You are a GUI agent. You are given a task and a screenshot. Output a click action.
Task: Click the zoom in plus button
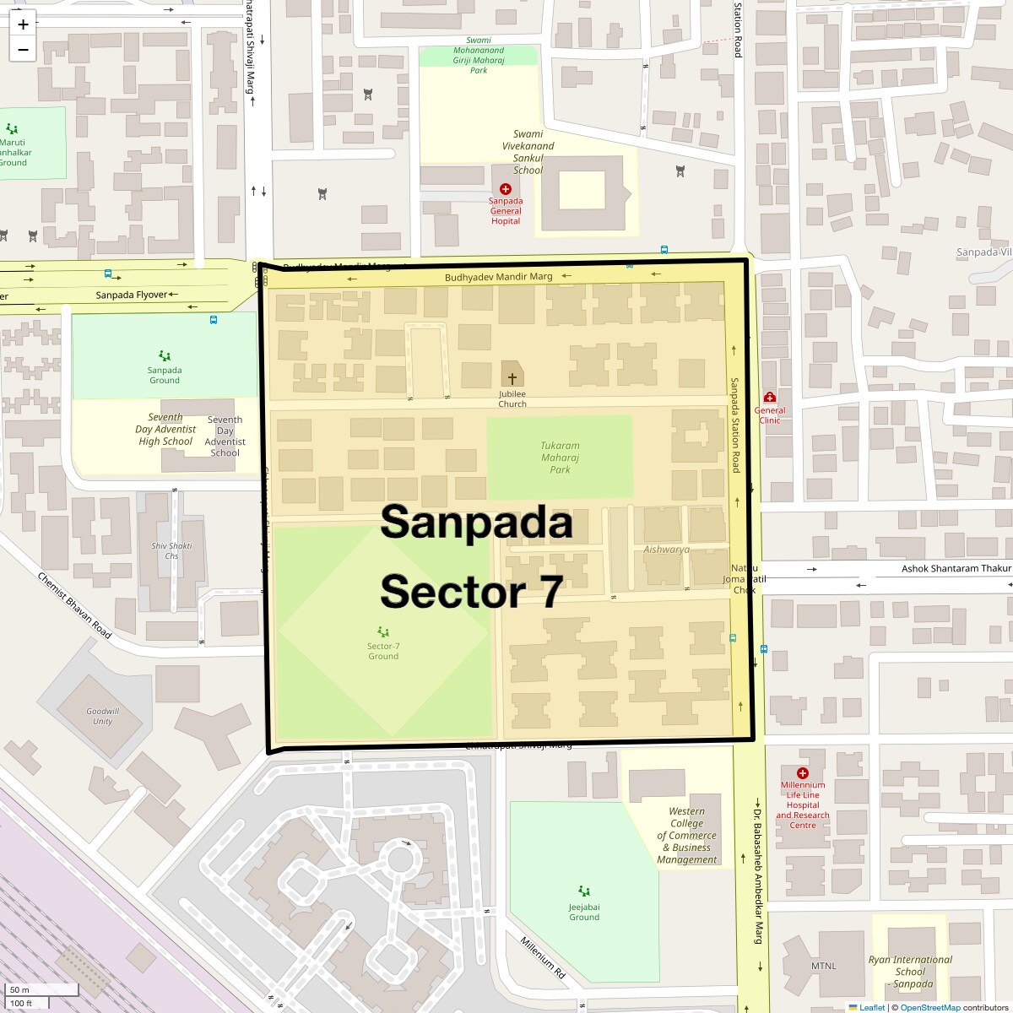pyautogui.click(x=23, y=24)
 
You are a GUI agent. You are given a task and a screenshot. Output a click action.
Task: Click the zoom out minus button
pyautogui.click(x=23, y=49)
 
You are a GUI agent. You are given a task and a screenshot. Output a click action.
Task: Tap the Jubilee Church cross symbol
pyautogui.click(x=512, y=379)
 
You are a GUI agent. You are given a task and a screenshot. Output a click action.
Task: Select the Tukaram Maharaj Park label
pyautogui.click(x=560, y=458)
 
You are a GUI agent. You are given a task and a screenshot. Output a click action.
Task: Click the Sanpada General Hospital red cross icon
pyautogui.click(x=506, y=189)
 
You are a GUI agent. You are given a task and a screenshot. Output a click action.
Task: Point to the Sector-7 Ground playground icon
pyautogui.click(x=383, y=631)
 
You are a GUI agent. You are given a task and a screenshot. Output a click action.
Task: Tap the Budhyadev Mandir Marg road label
pyautogui.click(x=498, y=277)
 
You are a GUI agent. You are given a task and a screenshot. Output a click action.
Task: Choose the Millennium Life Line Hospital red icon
pyautogui.click(x=802, y=772)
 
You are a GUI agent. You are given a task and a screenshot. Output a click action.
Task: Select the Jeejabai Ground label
pyautogui.click(x=584, y=913)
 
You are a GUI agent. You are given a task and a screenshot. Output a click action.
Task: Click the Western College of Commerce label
pyautogui.click(x=687, y=836)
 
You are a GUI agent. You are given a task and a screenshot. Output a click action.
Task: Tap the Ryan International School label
pyautogui.click(x=911, y=971)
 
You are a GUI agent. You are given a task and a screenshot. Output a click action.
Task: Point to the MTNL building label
pyautogui.click(x=823, y=966)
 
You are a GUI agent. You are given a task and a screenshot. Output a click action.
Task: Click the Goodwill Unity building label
pyautogui.click(x=102, y=716)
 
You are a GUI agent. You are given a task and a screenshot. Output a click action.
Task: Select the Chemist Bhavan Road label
pyautogui.click(x=74, y=605)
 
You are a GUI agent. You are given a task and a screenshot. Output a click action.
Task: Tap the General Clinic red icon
pyautogui.click(x=769, y=398)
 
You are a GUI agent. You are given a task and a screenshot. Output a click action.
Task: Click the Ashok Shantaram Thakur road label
pyautogui.click(x=956, y=569)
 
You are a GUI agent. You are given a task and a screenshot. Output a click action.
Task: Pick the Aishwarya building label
pyautogui.click(x=666, y=550)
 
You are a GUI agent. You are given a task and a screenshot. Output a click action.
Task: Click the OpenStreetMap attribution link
pyautogui.click(x=930, y=1007)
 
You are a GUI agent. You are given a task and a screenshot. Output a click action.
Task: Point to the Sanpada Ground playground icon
pyautogui.click(x=165, y=356)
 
